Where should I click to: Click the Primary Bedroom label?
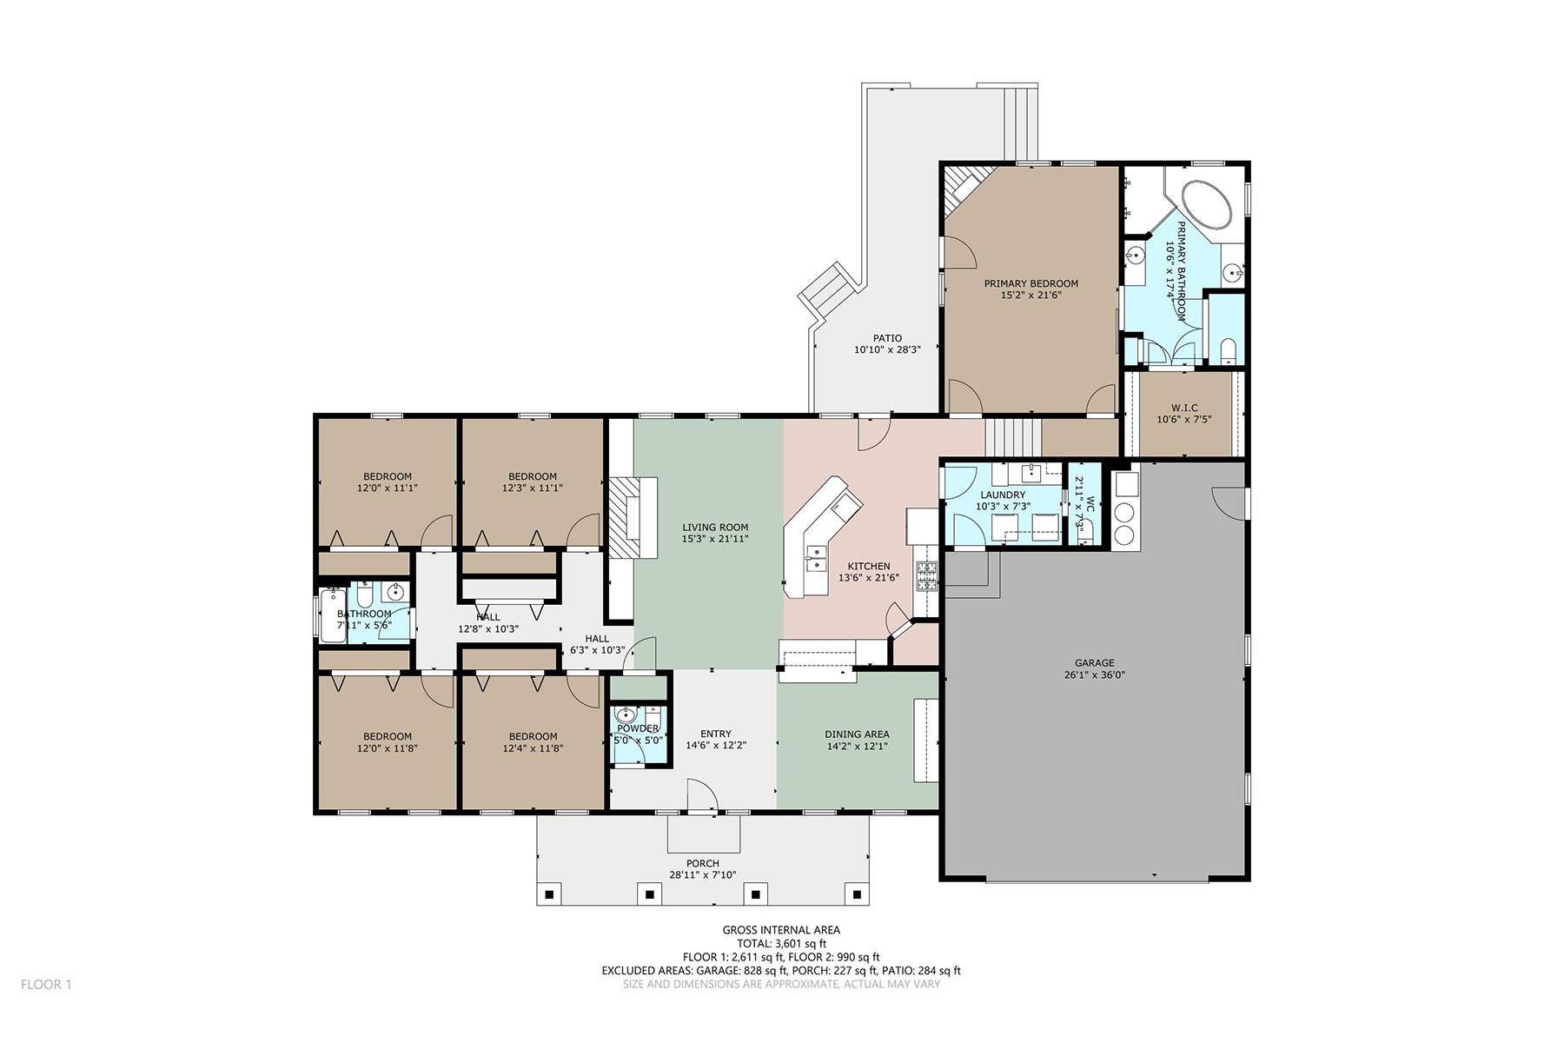point(1031,283)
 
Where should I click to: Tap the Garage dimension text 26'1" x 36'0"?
point(1094,674)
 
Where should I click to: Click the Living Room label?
point(715,527)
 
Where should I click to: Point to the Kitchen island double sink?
point(816,559)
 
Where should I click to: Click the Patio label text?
point(887,338)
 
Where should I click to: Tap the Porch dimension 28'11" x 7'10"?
point(703,875)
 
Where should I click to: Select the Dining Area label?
point(857,734)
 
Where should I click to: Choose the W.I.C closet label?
point(1184,408)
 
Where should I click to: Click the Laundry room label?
point(1003,495)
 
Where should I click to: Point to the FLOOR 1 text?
point(46,985)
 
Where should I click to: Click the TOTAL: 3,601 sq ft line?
point(781,943)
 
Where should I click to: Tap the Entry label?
point(716,734)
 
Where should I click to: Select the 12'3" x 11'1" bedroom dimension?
point(533,488)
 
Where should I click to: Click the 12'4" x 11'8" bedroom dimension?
point(533,747)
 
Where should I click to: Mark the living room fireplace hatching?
point(621,518)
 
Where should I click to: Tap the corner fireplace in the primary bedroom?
point(966,186)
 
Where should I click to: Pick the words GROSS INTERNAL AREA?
point(781,930)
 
